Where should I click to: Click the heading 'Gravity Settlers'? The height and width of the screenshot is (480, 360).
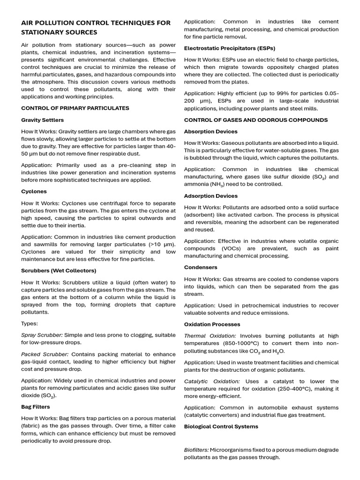point(43,120)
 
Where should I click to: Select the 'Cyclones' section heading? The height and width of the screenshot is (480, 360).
point(34,191)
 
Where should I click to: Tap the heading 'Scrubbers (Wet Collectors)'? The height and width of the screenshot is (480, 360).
point(59,270)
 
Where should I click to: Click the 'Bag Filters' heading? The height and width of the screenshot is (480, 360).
point(36,406)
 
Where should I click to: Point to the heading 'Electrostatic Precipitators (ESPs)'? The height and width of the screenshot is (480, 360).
point(230,48)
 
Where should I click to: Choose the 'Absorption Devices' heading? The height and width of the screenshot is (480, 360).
point(210,131)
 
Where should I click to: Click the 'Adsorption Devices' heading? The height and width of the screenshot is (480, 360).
point(210,195)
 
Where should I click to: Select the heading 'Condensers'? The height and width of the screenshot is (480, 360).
point(201,267)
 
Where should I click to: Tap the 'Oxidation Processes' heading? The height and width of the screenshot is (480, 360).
point(212,324)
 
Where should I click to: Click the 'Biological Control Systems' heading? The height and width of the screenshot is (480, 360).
point(221,426)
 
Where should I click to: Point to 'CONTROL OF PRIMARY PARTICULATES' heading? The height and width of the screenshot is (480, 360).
point(75,108)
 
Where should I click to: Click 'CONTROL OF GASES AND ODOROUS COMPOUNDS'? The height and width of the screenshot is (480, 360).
point(255,120)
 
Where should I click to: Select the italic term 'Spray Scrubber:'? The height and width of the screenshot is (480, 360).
point(42,335)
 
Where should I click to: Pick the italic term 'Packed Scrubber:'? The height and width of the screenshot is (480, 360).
point(45,354)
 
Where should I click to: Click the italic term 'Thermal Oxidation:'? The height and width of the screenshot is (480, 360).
point(210,336)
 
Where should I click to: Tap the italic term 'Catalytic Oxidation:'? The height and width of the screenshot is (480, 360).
point(211,381)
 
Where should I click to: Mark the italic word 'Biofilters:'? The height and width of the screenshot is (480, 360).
point(196,450)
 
